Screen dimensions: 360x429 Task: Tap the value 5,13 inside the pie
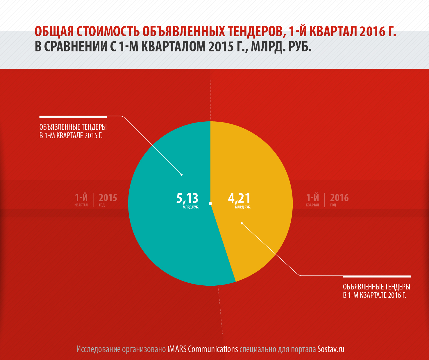[187, 198]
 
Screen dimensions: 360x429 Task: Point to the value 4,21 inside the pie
[239, 198]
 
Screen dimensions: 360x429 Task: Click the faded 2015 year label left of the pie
[108, 198]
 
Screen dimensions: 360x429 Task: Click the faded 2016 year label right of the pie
[339, 198]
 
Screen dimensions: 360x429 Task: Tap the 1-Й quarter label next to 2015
[81, 198]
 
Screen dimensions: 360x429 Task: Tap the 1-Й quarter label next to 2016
[312, 198]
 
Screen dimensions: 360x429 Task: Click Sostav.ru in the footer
[331, 349]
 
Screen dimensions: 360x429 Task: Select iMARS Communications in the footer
[203, 349]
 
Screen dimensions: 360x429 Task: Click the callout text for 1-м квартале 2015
[73, 131]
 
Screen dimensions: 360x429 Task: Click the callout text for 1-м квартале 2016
[376, 291]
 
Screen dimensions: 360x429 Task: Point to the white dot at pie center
[210, 204]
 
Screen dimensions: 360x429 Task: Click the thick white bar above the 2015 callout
[73, 117]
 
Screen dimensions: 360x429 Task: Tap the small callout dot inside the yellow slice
[242, 223]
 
